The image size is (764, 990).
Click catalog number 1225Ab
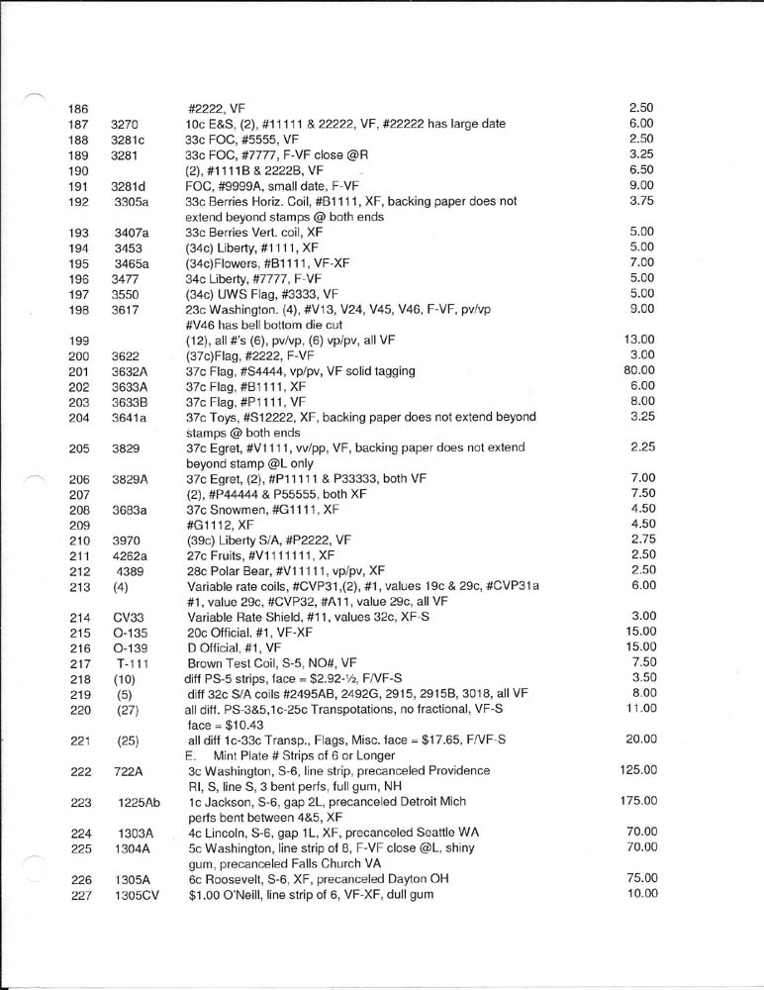click(x=135, y=802)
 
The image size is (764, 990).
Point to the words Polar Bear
click(x=241, y=570)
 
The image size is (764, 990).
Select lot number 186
click(x=78, y=107)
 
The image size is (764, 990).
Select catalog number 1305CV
click(x=135, y=895)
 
